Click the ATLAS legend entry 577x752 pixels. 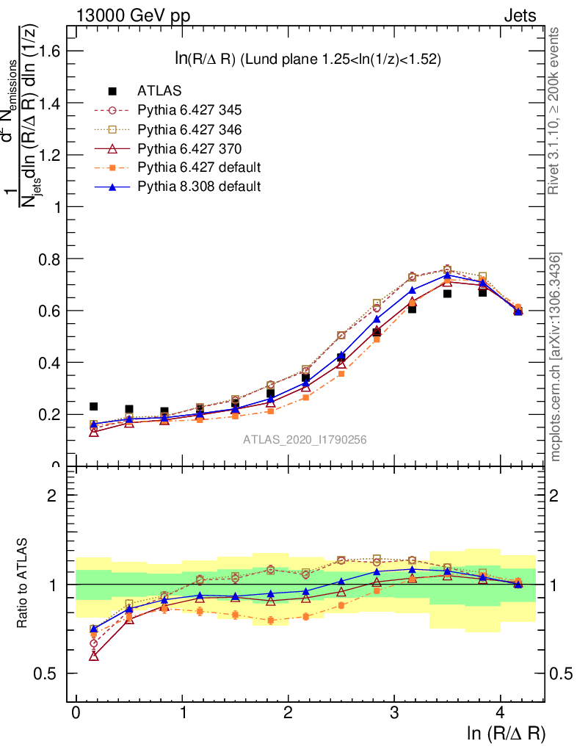pyautogui.click(x=159, y=91)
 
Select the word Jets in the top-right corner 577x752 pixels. pyautogui.click(x=520, y=15)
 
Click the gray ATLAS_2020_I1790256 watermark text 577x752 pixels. pyautogui.click(x=305, y=440)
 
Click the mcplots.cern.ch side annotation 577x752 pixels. pyautogui.click(x=556, y=357)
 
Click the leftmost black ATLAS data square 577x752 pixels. pyautogui.click(x=94, y=406)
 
